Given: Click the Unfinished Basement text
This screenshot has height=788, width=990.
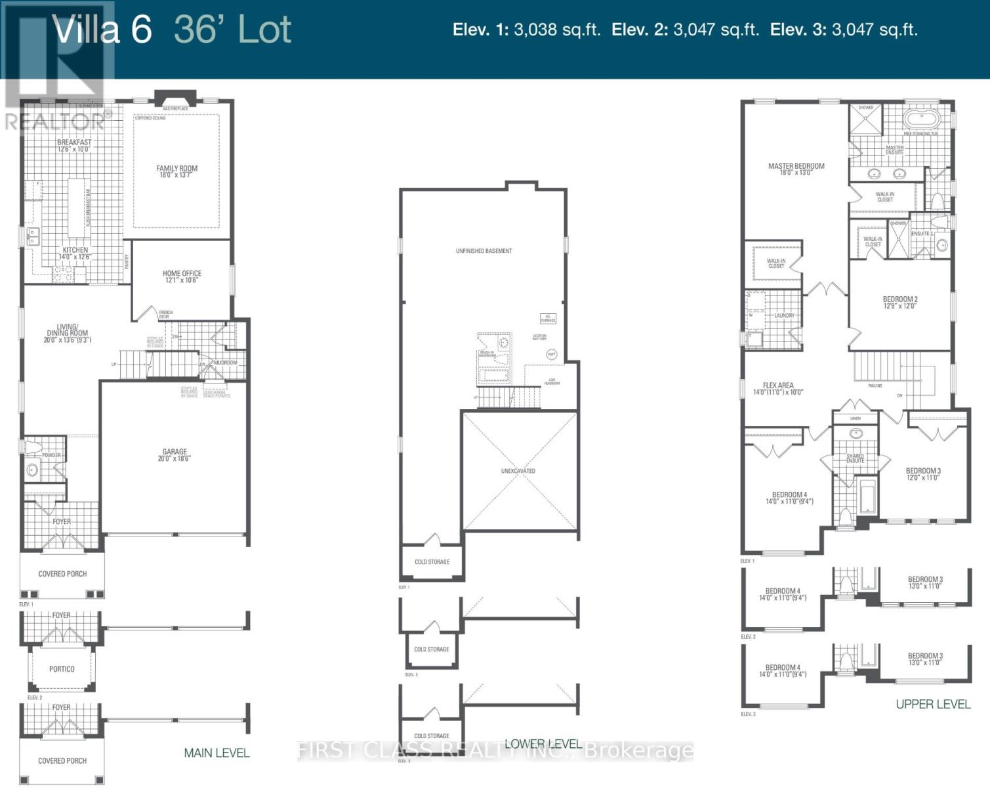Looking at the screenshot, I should coord(484,251).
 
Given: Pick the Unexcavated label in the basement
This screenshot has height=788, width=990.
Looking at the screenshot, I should coord(518,471).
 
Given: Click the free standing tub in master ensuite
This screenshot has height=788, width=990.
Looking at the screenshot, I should coord(922,120).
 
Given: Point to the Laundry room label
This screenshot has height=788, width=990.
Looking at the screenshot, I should coord(784,316).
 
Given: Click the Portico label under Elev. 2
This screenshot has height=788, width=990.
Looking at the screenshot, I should coord(62,669).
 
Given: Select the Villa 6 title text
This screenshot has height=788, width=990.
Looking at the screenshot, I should coord(102,30).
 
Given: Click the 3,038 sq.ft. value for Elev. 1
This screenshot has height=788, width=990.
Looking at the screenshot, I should coord(557,30).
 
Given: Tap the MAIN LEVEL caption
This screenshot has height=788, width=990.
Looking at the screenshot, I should coord(217,753).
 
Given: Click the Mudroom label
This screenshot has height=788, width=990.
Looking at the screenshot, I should coord(225,362).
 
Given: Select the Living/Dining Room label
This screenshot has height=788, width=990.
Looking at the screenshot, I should coord(67,334).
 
